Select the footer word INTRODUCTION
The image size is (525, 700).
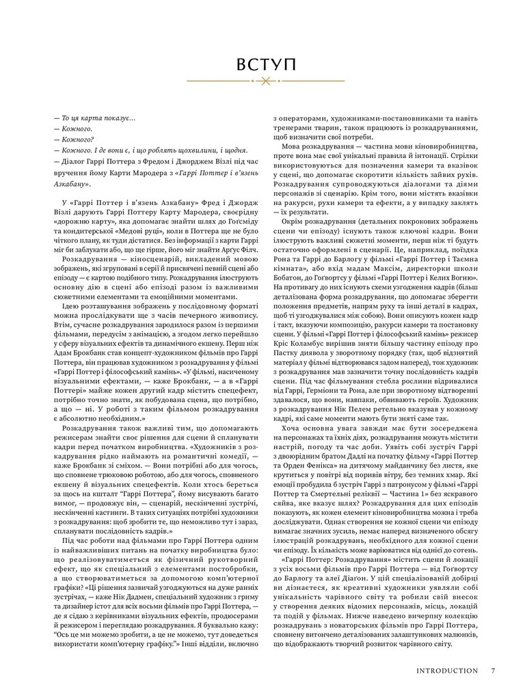pyautogui.click(x=447, y=671)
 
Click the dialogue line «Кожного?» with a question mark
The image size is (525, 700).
pyautogui.click(x=74, y=139)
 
